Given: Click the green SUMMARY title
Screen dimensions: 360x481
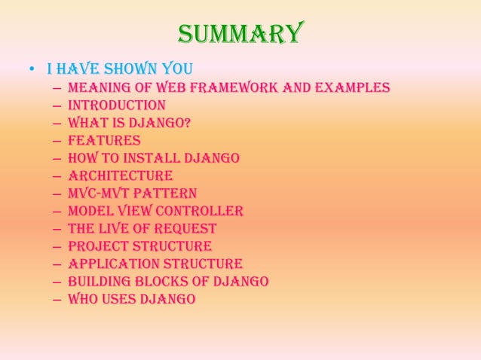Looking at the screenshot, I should point(240,33).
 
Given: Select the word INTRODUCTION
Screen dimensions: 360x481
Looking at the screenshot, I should point(116,105).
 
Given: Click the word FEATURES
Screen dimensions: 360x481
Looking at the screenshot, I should point(104,140).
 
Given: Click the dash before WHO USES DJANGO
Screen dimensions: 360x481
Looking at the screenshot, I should point(57,300).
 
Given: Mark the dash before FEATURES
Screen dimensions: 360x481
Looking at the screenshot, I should point(57,141).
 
